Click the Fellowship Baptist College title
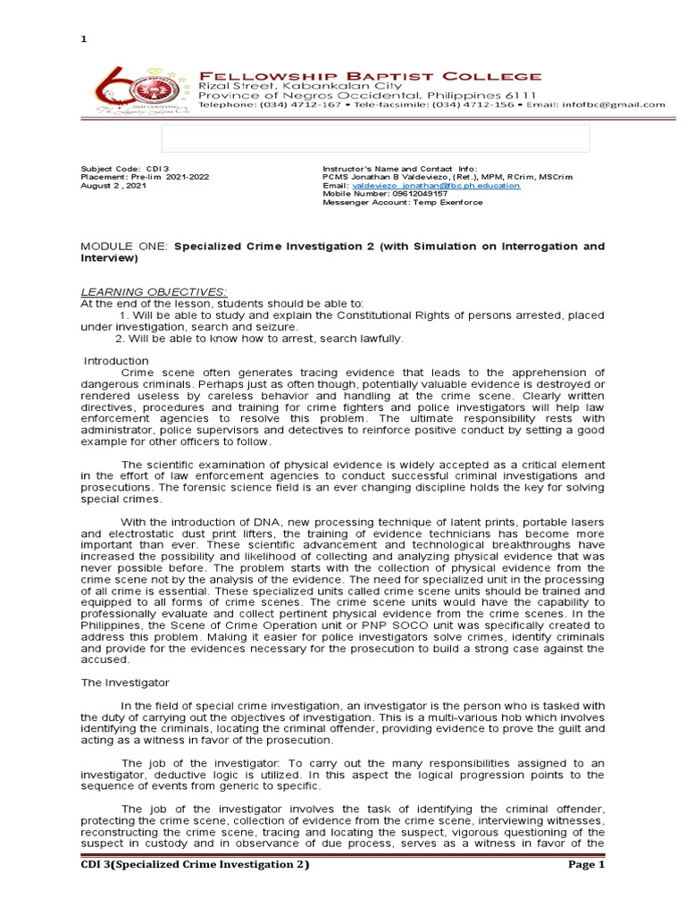(369, 76)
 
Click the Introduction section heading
(116, 361)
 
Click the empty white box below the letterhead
(375, 139)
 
